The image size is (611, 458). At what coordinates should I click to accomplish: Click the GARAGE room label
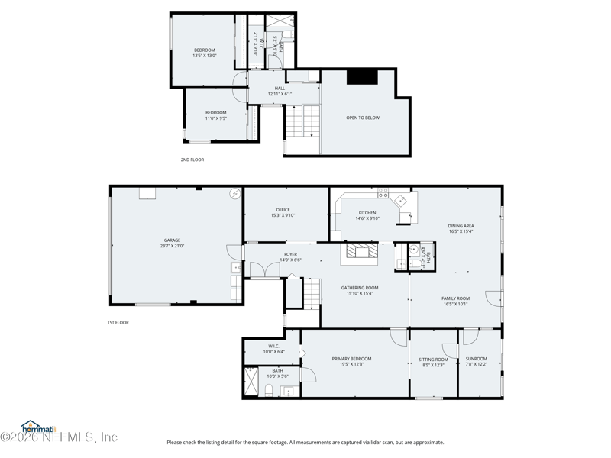point(172,240)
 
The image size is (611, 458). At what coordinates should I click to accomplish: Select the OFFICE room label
point(283,210)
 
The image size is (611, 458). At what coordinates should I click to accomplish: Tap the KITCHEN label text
point(367,213)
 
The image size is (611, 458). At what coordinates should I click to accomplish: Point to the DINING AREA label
point(461,226)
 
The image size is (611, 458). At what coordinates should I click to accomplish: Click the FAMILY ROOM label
point(455,298)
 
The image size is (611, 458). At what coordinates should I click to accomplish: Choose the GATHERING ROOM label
point(359,288)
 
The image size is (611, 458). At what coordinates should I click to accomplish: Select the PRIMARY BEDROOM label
point(351,359)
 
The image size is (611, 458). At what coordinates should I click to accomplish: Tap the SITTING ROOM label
point(433,360)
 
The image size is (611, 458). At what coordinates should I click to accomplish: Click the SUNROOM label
point(476,359)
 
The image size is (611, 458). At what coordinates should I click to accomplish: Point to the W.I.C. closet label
point(273,346)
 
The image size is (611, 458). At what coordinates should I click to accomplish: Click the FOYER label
point(290,255)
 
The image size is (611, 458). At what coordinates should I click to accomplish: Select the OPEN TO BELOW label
point(362,118)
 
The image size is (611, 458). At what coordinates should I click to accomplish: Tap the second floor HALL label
point(280,89)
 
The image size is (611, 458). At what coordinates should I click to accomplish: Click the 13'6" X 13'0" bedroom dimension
point(204,56)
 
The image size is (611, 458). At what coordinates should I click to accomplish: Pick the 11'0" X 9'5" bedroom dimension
point(215,118)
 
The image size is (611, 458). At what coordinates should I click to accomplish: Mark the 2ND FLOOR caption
point(192,160)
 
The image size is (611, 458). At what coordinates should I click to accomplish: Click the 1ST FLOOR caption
point(118,323)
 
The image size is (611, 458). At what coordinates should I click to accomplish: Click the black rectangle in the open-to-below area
point(362,76)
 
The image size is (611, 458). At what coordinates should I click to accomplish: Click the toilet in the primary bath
point(269,391)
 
